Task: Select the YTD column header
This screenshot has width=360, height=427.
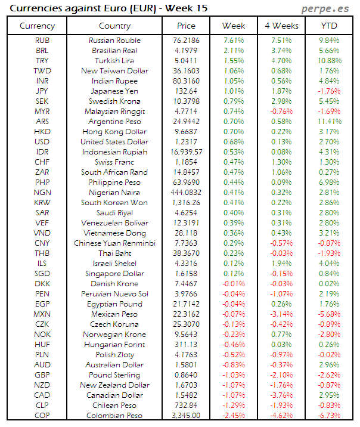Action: (329, 26)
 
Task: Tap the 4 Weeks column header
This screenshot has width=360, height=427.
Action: (281, 26)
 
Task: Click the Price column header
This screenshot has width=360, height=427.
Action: (186, 26)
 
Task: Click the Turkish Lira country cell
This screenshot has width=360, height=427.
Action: (115, 61)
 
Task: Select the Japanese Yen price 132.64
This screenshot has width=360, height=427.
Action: (187, 91)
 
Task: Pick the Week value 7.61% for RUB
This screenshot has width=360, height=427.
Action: (234, 41)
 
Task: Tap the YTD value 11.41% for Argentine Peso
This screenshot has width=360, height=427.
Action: (329, 122)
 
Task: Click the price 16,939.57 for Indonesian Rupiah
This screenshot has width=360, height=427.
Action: (187, 152)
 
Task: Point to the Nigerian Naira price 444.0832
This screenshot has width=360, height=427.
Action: (187, 193)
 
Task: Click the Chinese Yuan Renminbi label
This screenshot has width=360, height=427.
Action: (115, 243)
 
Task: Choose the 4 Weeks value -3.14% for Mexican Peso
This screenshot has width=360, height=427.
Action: (281, 314)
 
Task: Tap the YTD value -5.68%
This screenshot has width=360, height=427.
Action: (329, 314)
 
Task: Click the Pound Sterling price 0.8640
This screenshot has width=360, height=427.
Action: (187, 375)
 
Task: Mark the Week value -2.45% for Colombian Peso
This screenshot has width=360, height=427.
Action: (234, 416)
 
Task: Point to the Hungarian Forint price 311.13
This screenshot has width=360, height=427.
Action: (187, 345)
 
